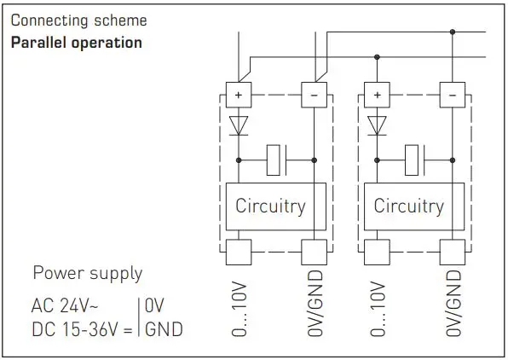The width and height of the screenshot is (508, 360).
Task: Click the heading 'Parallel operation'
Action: pos(76,42)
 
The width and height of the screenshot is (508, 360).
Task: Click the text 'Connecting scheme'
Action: pos(78,20)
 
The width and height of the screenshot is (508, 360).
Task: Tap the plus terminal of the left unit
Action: pos(238,94)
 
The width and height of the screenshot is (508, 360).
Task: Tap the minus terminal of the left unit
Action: pos(313,94)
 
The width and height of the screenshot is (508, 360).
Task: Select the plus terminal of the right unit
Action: pos(376,94)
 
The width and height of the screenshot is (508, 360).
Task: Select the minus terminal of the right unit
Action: pos(451,94)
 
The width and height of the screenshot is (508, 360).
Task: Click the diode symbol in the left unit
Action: pos(238,125)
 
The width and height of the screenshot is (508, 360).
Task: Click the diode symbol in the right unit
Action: pos(376,125)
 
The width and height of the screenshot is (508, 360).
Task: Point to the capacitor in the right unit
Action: pos(416,158)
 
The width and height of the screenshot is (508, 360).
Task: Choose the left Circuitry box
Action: pos(270,206)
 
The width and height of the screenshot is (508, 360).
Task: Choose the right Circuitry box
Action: pos(408,206)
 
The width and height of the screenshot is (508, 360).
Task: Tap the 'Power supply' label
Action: pos(87,274)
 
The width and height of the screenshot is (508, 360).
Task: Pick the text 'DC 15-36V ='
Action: pos(83,329)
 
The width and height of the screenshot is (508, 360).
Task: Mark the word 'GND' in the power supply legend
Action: pos(164,329)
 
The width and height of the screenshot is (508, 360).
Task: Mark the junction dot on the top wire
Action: pos(451,32)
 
